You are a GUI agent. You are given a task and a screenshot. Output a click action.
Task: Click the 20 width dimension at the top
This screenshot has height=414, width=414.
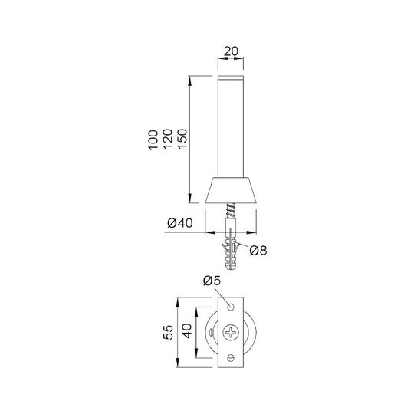231,51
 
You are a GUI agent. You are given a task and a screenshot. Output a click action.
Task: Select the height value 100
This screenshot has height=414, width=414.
153,140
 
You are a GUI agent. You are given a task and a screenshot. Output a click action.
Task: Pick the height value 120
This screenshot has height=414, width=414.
168,139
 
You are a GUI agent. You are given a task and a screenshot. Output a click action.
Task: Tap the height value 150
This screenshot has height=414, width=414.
182,139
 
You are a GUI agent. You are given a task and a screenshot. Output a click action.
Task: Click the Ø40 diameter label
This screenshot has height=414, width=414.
180,223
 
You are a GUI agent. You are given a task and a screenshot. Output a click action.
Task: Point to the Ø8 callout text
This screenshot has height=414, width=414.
258,250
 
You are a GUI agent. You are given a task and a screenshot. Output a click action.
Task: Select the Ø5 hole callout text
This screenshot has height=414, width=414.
212,281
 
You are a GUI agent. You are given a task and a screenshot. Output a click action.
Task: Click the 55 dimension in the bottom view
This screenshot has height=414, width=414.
168,332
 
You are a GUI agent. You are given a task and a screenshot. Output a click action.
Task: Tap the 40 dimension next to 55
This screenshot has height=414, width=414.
187,331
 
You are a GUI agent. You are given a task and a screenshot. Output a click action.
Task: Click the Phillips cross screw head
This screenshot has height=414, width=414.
231,332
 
